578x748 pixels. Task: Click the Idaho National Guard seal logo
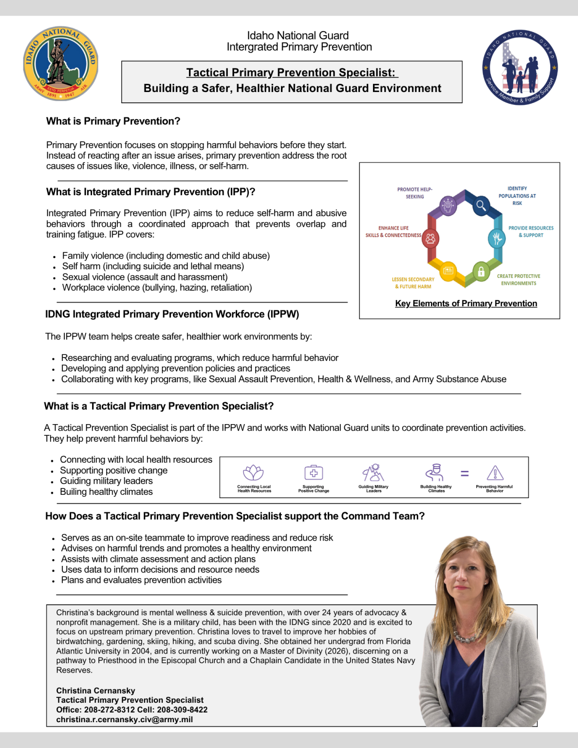pyautogui.click(x=61, y=64)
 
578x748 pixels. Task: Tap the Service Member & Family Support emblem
pyautogui.click(x=520, y=68)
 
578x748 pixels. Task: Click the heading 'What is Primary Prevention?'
pyautogui.click(x=113, y=121)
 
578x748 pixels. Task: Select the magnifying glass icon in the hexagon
pyautogui.click(x=481, y=206)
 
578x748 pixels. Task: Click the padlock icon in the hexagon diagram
pyautogui.click(x=481, y=271)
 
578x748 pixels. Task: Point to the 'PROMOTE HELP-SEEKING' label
pyautogui.click(x=414, y=193)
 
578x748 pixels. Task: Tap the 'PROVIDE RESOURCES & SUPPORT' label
pyautogui.click(x=531, y=231)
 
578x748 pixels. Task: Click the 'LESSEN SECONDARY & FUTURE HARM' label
pyautogui.click(x=413, y=283)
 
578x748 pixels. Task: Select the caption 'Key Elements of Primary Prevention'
pyautogui.click(x=466, y=303)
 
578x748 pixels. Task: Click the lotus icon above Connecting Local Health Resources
pyautogui.click(x=253, y=472)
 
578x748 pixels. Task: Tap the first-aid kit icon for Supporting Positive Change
pyautogui.click(x=314, y=472)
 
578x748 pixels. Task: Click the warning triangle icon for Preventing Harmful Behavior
pyautogui.click(x=495, y=472)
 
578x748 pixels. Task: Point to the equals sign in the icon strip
pyautogui.click(x=465, y=473)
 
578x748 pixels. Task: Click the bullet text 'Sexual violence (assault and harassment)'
pyautogui.click(x=145, y=277)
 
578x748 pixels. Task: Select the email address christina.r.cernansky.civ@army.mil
pyautogui.click(x=124, y=719)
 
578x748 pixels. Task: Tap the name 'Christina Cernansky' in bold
pyautogui.click(x=95, y=691)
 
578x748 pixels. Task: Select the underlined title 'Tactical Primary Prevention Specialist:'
pyautogui.click(x=292, y=73)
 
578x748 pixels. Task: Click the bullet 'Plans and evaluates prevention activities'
pyautogui.click(x=141, y=580)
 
